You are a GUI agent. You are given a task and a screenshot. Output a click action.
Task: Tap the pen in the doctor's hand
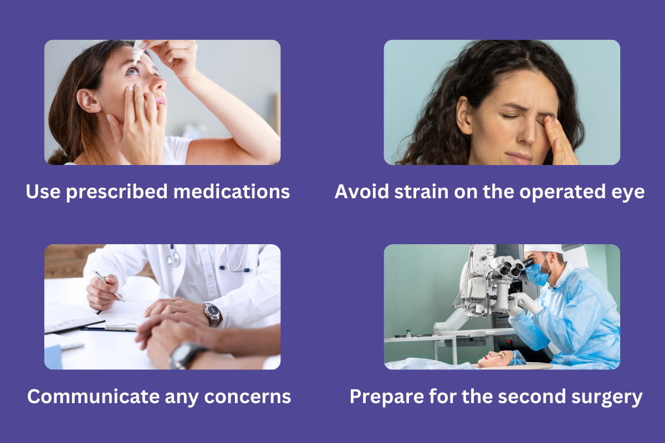tap(109, 286)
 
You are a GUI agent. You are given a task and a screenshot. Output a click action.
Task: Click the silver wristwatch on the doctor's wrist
tap(212, 313)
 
